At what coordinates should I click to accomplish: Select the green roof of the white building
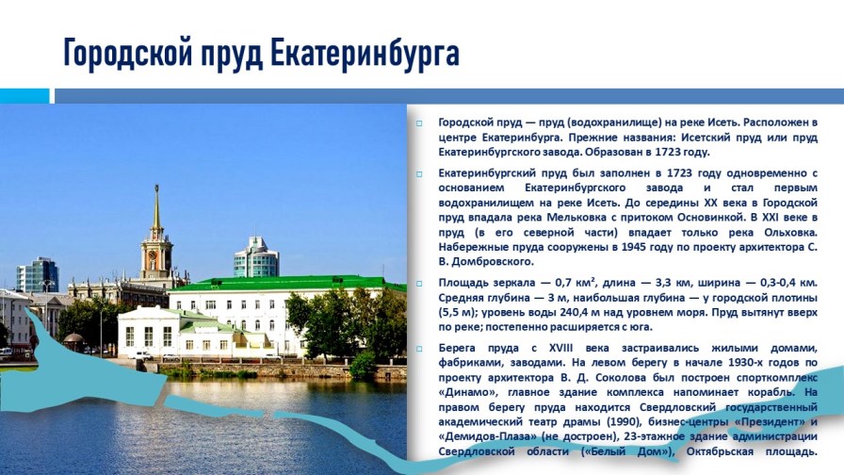coord(273,283)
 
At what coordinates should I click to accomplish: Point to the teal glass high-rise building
coord(256,257)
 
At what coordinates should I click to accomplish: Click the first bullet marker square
coord(419,123)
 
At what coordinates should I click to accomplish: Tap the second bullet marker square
coord(419,174)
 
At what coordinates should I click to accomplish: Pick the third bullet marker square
coord(419,283)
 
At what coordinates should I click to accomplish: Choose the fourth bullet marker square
coord(419,349)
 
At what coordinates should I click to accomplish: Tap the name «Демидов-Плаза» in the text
coord(485,436)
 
